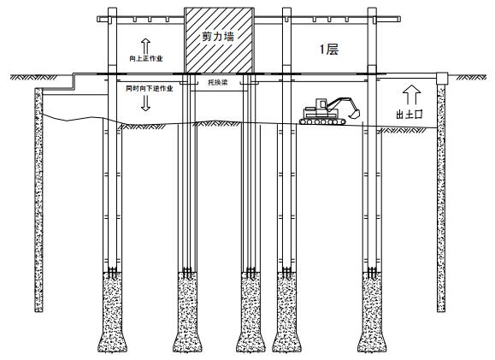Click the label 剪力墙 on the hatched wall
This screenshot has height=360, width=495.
pos(218,37)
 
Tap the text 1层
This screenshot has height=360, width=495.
pos(329,50)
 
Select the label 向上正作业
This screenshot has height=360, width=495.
pos(146,58)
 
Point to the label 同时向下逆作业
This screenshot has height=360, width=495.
pos(150,88)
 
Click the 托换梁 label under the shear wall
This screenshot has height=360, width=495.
pos(218,82)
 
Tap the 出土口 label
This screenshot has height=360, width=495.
pos(410,114)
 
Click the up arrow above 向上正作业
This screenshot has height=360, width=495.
pos(145,46)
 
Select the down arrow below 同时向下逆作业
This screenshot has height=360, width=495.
pos(145,103)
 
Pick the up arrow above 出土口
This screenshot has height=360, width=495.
pos(412,95)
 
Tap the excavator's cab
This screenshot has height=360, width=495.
pos(321,105)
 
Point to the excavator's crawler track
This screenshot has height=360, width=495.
pos(322,121)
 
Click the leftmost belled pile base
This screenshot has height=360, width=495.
pos(112,312)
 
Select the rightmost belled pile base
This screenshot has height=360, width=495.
pos(372,312)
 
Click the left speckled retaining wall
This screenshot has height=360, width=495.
pos(38,200)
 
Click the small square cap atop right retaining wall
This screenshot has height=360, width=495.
pos(442,79)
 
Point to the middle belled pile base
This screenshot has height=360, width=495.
pos(251,312)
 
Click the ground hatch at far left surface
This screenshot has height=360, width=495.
pos(34,77)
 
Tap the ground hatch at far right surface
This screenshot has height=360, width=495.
pos(471,77)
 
